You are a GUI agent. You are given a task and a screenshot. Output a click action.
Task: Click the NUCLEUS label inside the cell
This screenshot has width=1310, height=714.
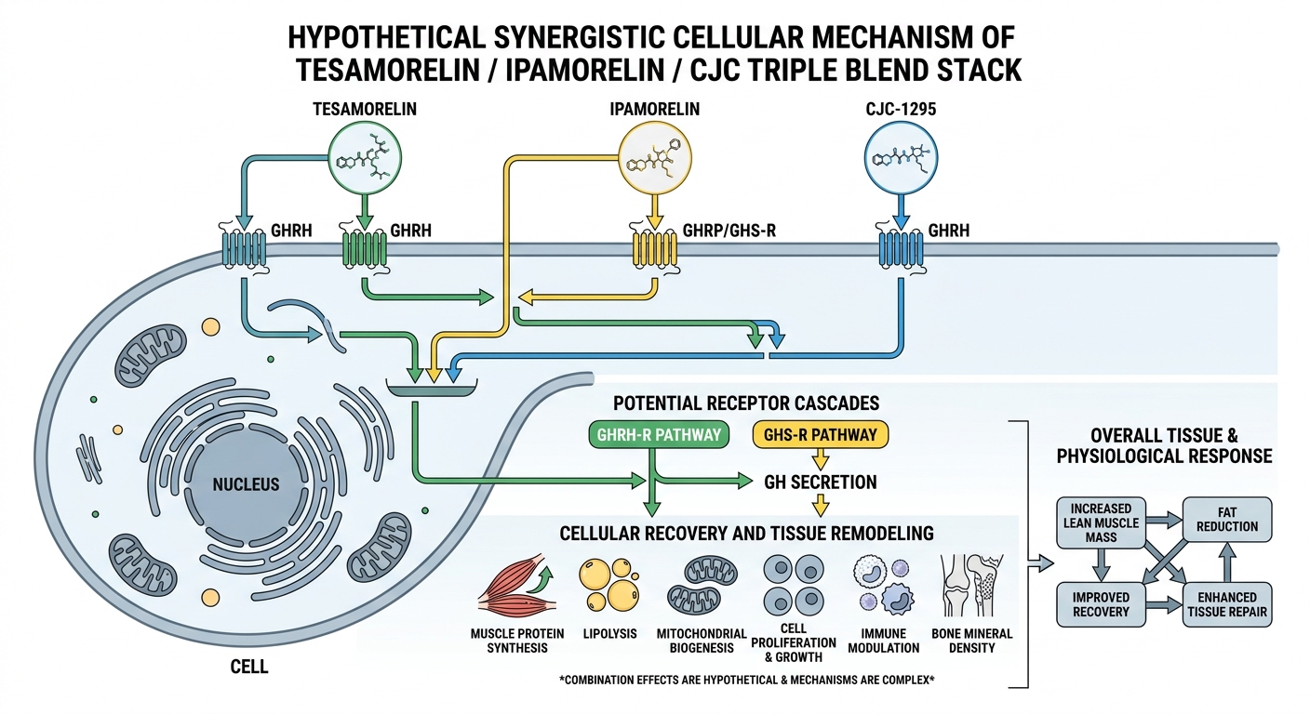246,484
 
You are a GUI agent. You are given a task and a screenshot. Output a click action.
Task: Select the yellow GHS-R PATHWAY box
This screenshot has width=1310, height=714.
820,434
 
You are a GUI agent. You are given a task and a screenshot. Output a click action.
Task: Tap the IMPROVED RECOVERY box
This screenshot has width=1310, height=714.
1101,603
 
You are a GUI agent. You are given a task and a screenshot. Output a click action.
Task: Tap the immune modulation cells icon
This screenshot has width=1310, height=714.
881,586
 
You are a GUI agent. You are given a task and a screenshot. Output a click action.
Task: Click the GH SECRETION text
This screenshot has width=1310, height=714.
820,482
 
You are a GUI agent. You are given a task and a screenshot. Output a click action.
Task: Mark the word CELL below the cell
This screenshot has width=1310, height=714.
249,667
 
